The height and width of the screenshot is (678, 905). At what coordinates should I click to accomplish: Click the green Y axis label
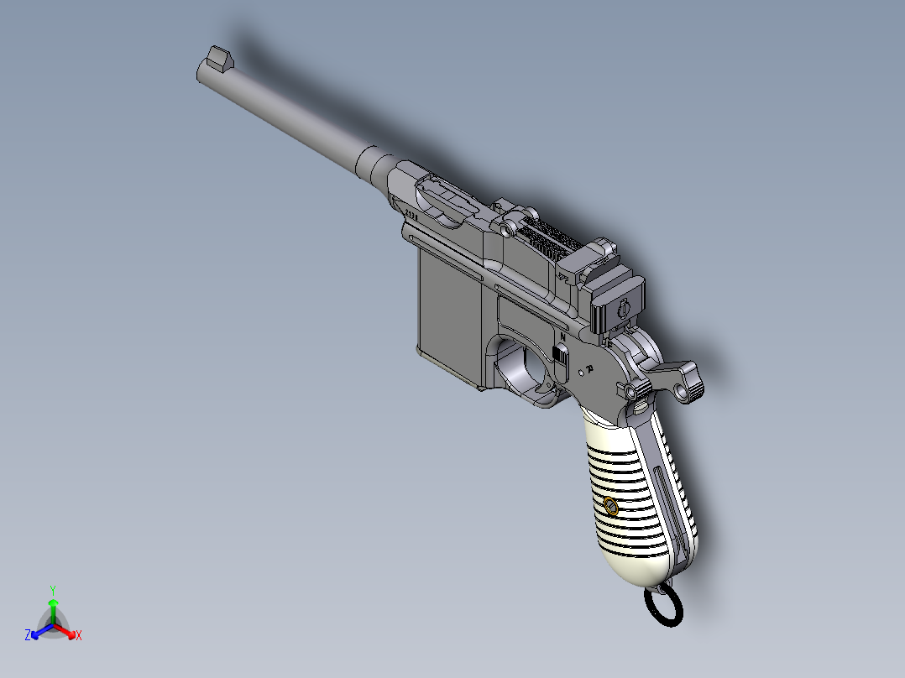coord(52,590)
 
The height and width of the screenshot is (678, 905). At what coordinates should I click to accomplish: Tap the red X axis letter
coord(79,636)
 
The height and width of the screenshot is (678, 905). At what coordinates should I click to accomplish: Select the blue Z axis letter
coord(28,636)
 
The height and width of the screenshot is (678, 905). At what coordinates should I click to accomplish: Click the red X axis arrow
coord(69,632)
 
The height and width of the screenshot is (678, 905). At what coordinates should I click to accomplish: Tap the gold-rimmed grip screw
coord(610,506)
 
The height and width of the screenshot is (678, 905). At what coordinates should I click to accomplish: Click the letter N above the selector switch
coord(562,336)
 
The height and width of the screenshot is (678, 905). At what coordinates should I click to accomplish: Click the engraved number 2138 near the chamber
coord(411,214)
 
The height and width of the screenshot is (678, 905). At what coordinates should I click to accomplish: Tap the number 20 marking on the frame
coord(590,368)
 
